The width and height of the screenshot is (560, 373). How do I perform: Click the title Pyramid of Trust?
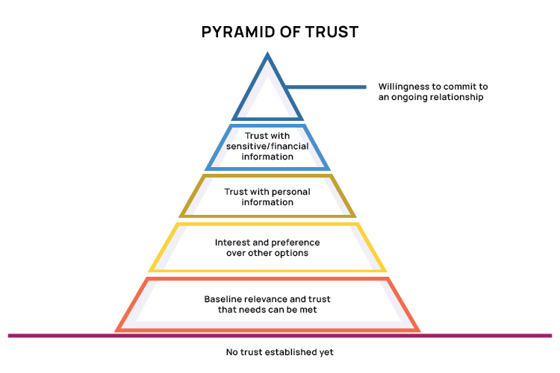[x=280, y=32]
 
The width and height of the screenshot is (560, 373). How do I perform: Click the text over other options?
[x=267, y=253]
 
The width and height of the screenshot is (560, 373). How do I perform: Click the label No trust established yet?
[x=280, y=351]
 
